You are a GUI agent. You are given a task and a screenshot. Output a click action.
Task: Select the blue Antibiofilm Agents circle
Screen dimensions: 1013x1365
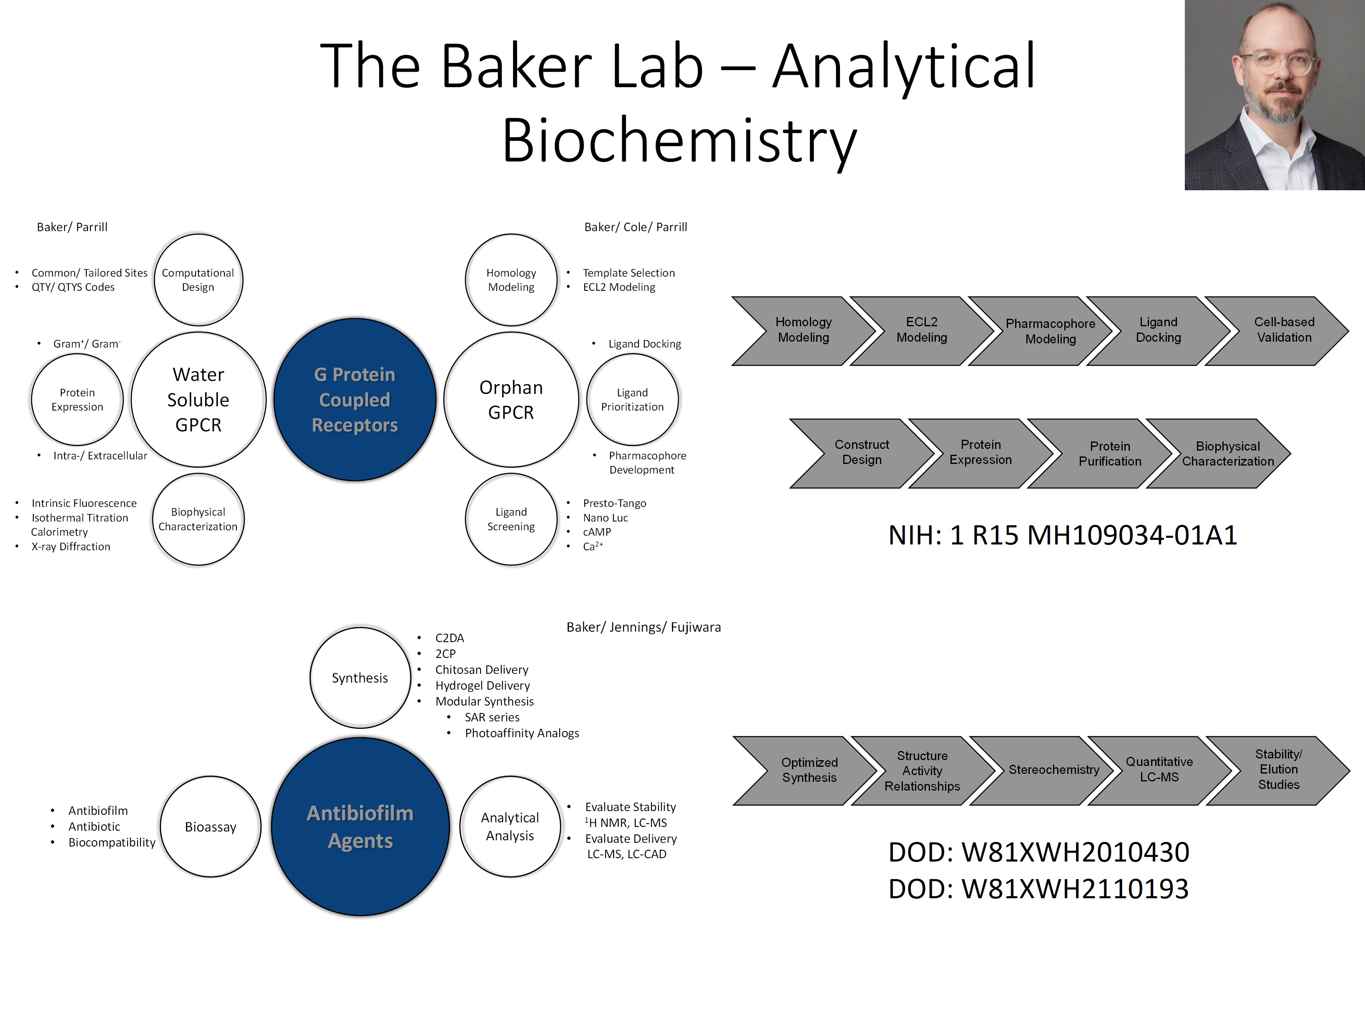coord(360,826)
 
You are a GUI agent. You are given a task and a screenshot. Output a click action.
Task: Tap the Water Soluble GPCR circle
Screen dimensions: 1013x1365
coord(198,399)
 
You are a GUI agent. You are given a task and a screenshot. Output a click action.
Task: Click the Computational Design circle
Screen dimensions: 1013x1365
coord(198,280)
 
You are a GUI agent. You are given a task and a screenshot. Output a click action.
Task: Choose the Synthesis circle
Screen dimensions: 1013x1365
coord(360,678)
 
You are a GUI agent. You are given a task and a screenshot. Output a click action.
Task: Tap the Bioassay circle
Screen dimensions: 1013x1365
coord(210,827)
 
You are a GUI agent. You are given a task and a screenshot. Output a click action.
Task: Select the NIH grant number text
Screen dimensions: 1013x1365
coord(1062,535)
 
